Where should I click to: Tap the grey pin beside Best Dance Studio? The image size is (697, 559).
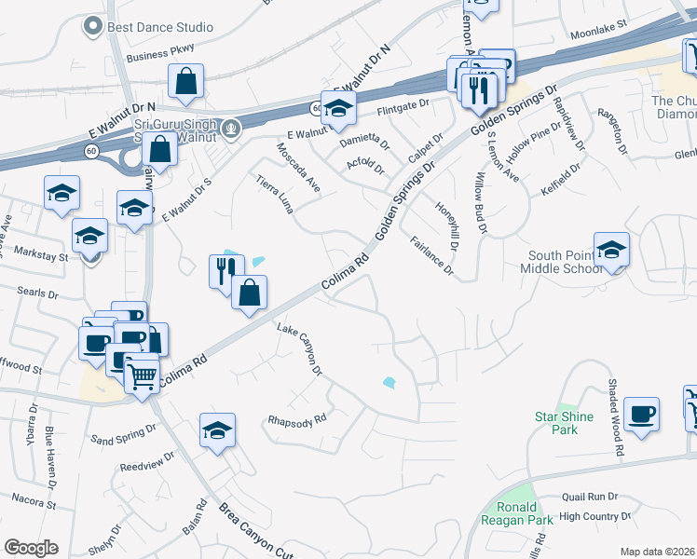coord(92,27)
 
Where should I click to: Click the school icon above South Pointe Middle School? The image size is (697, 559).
coord(611,250)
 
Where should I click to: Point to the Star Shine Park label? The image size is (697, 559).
coord(563,423)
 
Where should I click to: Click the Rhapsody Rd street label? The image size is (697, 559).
coord(297,418)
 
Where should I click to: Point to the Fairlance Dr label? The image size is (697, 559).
coord(431,256)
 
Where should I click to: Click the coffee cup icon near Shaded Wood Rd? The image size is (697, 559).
coord(641,414)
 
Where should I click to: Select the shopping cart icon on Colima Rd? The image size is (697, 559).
coord(141,376)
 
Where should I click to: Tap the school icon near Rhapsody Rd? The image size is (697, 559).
coord(216,430)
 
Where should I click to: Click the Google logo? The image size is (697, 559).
coord(31,548)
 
